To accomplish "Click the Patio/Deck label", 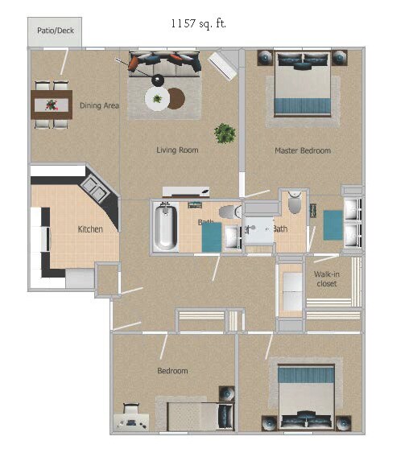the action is pos(56,31).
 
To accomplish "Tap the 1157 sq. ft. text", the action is pos(199,23).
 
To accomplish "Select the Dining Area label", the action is pos(100,105).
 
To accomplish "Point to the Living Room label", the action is pos(177,150).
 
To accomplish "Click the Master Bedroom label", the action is pos(303,150).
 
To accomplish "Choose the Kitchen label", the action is pos(90,229).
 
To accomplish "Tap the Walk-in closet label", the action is pos(327,278).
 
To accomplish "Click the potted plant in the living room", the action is pos(225,134).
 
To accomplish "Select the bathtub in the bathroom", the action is pos(165,227).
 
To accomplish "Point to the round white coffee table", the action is pos(157,98).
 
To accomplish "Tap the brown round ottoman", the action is pos(176,98).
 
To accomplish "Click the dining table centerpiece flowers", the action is pos(52,105).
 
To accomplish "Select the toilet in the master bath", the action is pos(295,202).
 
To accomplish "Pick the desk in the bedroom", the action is pos(131,422).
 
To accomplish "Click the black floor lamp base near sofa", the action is pos(158,80).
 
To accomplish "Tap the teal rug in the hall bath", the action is pos(212,237).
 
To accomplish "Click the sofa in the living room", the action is pos(165,64).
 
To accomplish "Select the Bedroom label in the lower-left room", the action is pos(173,371).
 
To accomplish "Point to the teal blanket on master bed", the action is pos(303,106).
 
